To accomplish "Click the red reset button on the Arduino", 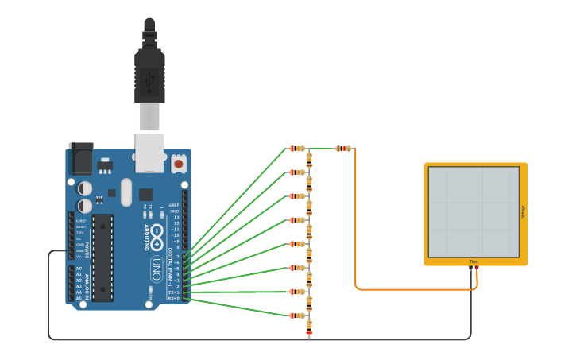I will click(178, 164).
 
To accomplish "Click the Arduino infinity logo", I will click(157, 237).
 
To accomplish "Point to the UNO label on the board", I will click(157, 269).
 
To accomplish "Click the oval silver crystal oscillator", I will click(126, 192).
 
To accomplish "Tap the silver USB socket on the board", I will click(149, 153).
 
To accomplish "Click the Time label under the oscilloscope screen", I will click(474, 261).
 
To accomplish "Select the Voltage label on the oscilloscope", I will click(523, 212).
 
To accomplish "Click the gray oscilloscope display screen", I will click(474, 211).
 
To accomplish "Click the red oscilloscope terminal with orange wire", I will click(477, 269).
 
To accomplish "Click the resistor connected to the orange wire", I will click(343, 149).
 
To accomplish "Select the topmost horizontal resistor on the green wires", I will click(296, 149).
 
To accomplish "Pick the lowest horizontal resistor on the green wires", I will click(296, 315).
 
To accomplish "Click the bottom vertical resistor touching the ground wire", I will click(309, 327).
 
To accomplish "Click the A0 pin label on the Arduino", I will click(79, 269).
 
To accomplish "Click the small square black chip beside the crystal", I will click(145, 194).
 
